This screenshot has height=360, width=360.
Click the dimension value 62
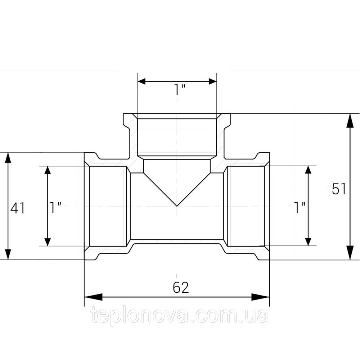(x=181, y=287)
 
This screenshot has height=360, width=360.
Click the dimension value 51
(x=338, y=189)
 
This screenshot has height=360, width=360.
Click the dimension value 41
(x=17, y=208)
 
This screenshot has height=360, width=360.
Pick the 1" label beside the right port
(x=299, y=208)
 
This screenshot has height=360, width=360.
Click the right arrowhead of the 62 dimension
(x=261, y=297)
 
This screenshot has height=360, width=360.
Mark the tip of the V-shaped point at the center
(x=177, y=206)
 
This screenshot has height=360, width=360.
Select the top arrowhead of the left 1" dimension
(x=47, y=174)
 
